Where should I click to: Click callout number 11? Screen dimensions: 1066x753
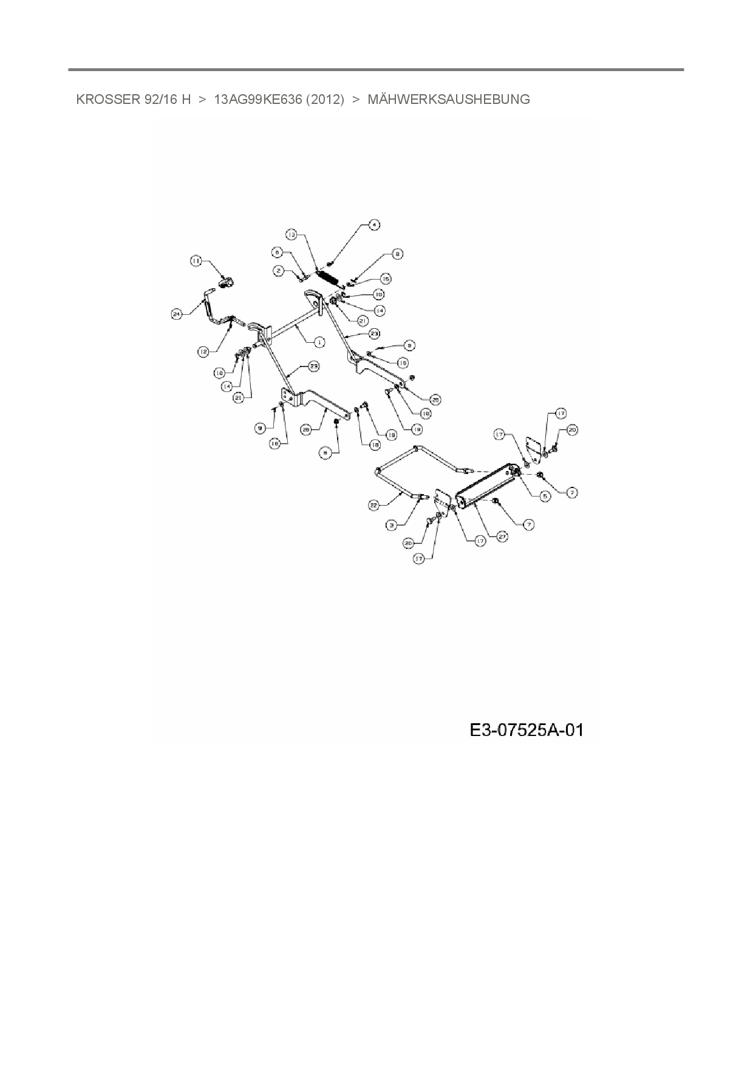(196, 261)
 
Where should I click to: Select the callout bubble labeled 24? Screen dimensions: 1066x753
(177, 314)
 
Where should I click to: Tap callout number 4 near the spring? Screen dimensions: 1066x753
(375, 225)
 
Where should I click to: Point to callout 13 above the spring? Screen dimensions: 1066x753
(291, 234)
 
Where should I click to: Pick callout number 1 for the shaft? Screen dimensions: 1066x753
(319, 342)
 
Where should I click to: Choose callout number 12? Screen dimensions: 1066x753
(203, 351)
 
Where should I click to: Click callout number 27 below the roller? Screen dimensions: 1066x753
(502, 537)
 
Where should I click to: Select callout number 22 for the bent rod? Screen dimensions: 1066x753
(374, 504)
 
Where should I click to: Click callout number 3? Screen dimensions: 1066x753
(392, 524)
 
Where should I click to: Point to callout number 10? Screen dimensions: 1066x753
(378, 294)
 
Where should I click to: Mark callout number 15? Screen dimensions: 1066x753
(386, 278)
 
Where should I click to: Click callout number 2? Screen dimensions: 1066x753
(278, 271)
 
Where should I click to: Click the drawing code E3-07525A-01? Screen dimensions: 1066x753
(526, 729)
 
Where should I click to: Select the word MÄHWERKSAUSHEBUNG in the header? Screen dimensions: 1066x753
(449, 100)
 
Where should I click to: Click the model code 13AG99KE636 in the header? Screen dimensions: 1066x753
(258, 100)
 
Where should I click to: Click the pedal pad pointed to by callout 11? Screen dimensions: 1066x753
(226, 282)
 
